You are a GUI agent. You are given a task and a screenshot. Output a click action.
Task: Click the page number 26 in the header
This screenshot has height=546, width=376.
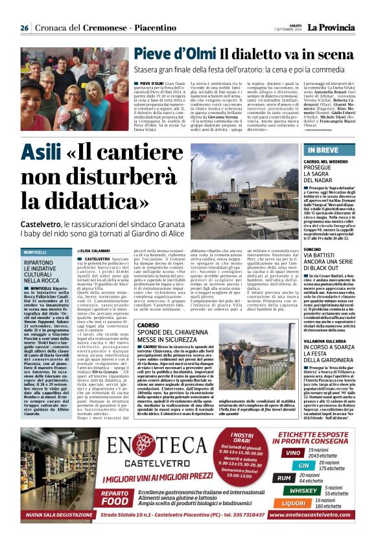coord(24,28)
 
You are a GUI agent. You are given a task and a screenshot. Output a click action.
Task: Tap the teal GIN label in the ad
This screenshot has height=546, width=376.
coord(303,465)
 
